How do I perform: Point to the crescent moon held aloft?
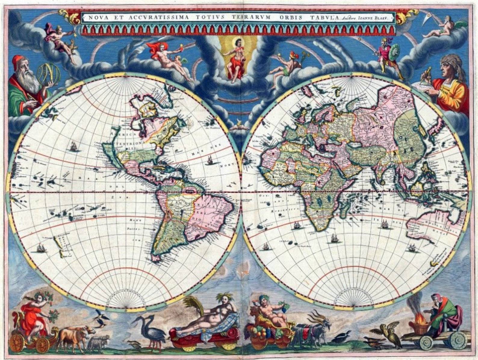(432, 20)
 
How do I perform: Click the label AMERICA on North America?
(120, 133)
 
